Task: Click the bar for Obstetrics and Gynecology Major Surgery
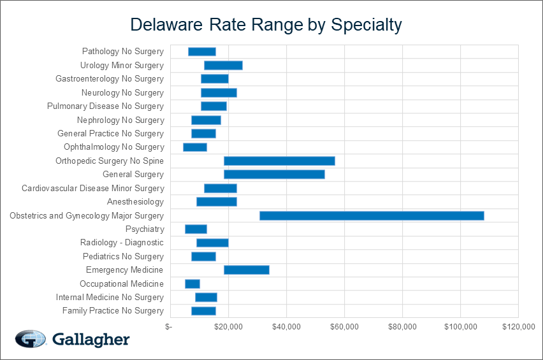tap(372, 215)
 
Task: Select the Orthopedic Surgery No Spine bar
tap(279, 161)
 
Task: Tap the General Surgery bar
tap(274, 175)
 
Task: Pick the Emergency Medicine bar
tap(246, 270)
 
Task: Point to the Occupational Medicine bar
tap(192, 284)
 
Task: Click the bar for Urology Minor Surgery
tap(223, 65)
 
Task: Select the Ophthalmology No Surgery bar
tap(195, 147)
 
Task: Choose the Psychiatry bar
tap(196, 229)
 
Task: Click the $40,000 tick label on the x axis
tap(287, 327)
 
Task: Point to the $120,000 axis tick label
tap(518, 327)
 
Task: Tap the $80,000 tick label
tap(402, 327)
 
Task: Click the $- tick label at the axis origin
tap(168, 327)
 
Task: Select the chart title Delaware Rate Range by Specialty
tap(266, 25)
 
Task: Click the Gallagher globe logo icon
tap(31, 339)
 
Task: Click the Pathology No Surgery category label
tap(122, 52)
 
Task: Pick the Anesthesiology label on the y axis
tap(135, 202)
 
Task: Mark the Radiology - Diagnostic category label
tap(122, 243)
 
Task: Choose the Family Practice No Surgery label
tap(113, 311)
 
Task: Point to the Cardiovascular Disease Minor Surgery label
tap(92, 188)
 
